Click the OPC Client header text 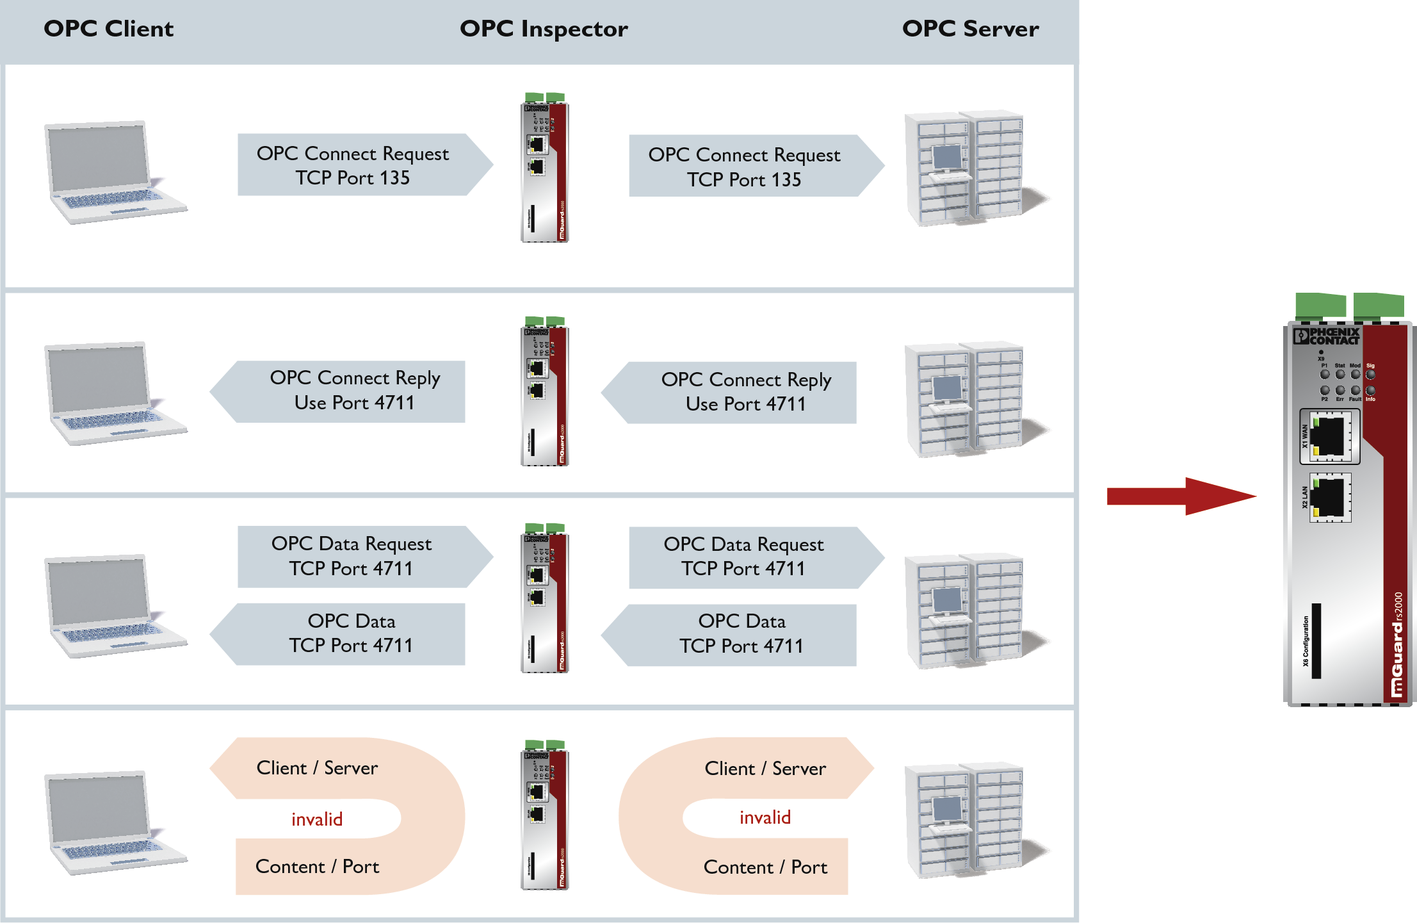108,29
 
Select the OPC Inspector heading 544,29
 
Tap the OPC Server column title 970,29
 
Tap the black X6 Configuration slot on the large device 1316,641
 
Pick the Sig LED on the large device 1370,374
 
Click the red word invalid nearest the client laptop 317,819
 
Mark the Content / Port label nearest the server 765,867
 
